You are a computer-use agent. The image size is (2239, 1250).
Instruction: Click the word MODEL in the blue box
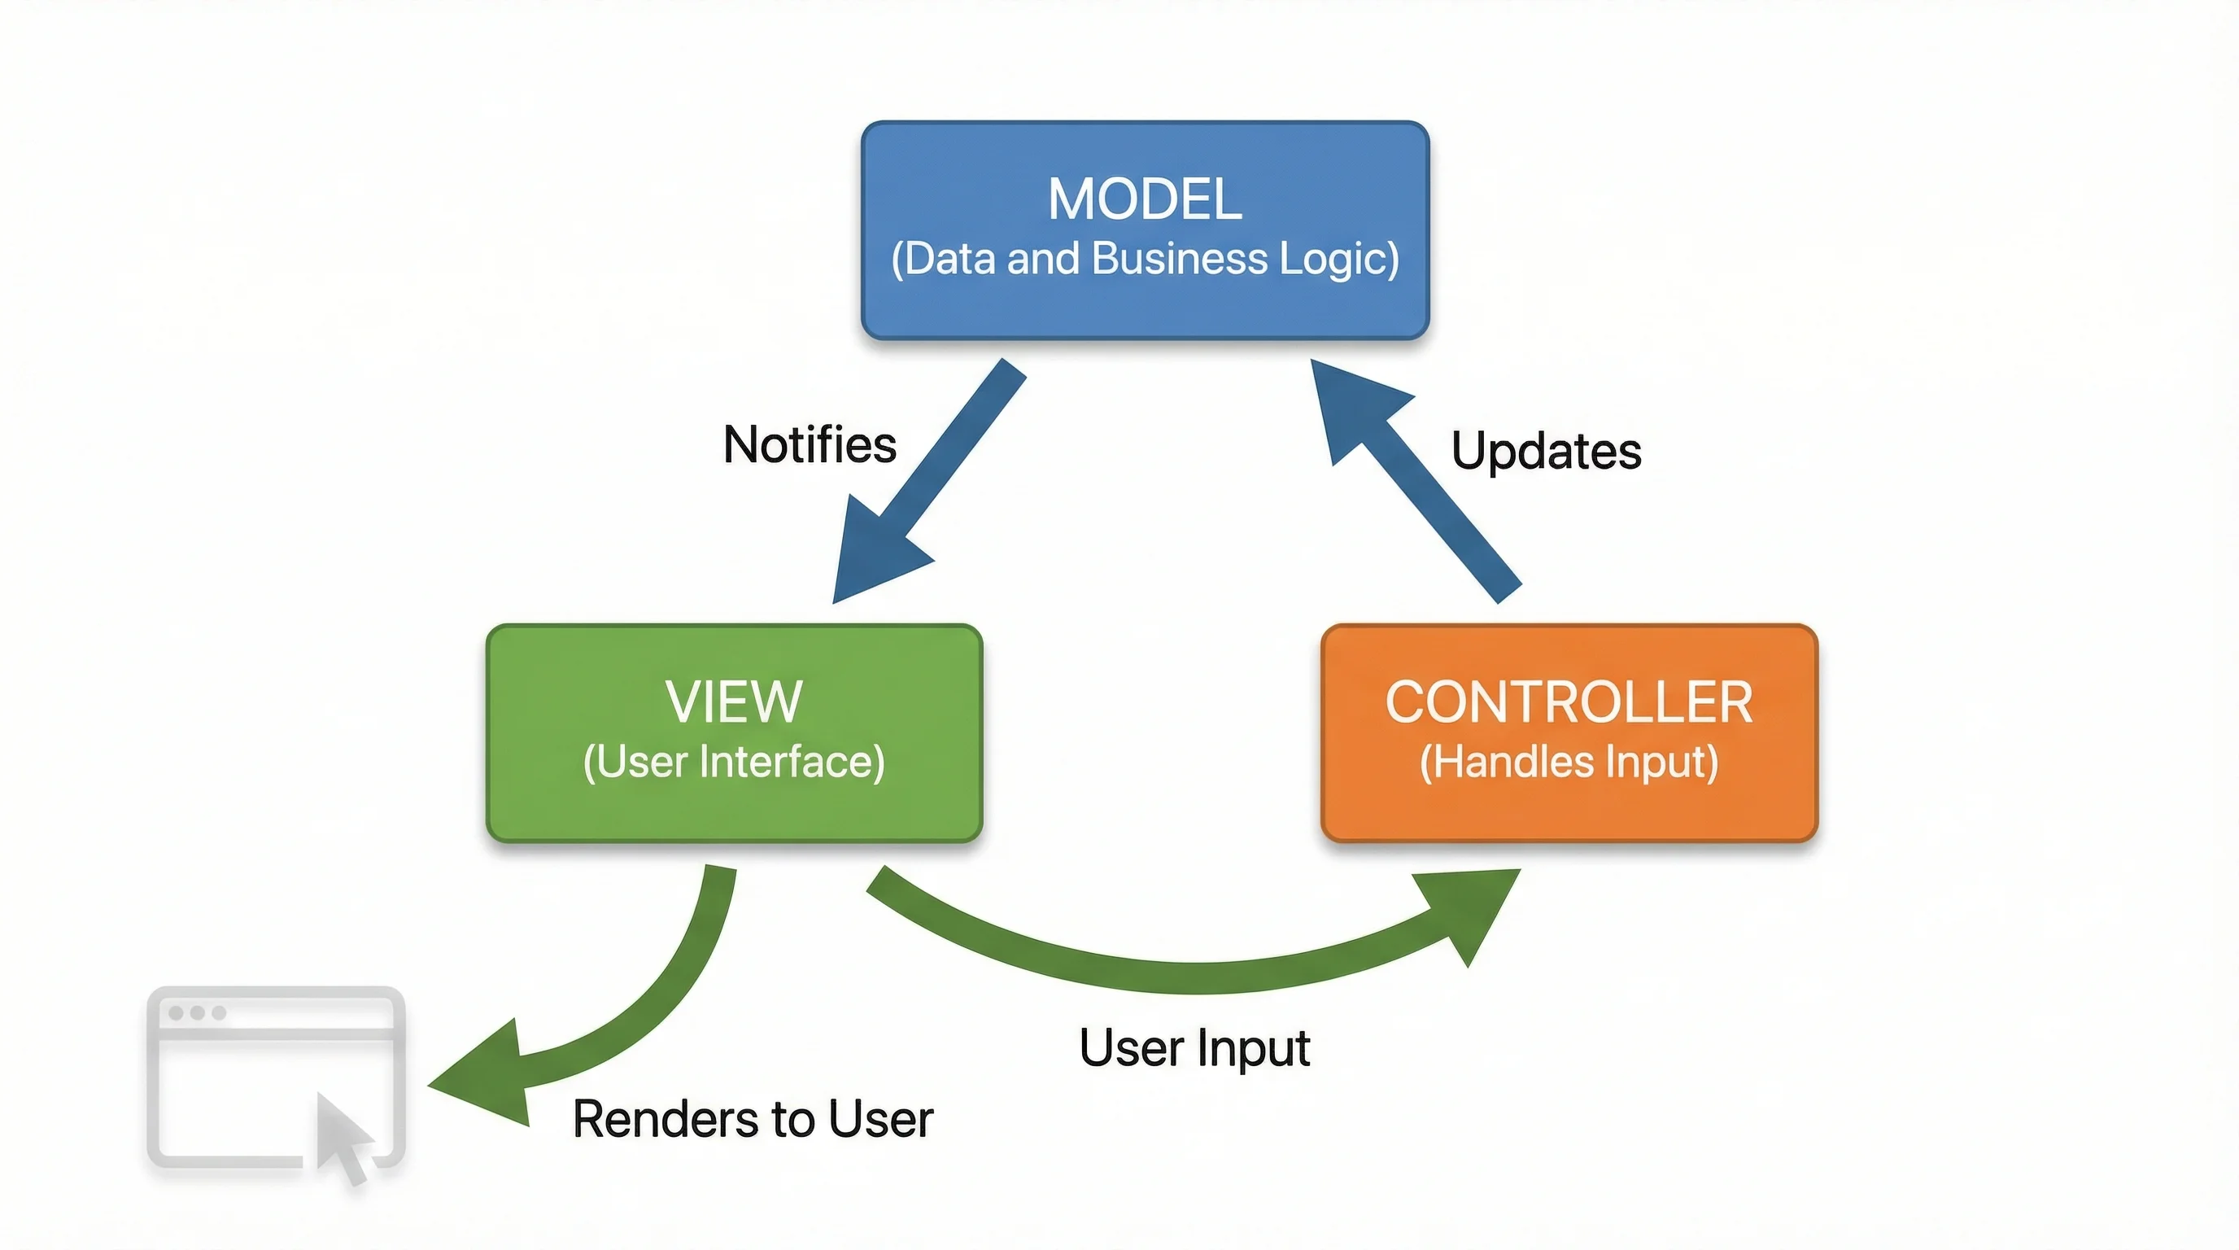(x=1144, y=199)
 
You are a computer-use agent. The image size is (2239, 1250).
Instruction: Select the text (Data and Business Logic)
(x=1144, y=259)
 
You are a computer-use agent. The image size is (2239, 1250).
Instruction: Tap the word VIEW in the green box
(x=734, y=701)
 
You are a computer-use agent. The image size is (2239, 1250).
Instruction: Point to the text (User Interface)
(x=734, y=763)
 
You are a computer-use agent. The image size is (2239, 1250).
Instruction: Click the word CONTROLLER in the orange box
(x=1568, y=702)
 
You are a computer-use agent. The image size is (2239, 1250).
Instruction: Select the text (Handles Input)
(x=1568, y=763)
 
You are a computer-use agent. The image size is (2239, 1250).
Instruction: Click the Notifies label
(x=810, y=445)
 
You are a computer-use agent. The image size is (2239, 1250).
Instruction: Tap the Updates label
(x=1545, y=451)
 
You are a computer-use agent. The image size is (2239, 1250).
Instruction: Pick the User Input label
(x=1194, y=1047)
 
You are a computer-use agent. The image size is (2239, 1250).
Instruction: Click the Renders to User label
(x=753, y=1119)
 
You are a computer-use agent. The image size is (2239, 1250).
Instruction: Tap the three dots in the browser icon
(x=198, y=1012)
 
